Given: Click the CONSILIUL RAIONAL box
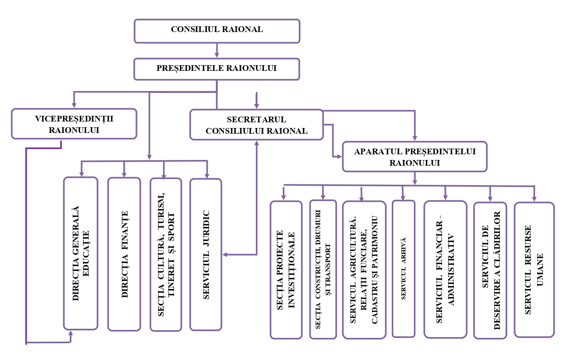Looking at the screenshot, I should [217, 31].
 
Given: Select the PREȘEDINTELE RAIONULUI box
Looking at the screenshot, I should [217, 69].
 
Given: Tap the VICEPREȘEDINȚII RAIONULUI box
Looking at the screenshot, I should [74, 124].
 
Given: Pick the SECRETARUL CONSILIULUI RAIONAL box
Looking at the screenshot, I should [256, 125].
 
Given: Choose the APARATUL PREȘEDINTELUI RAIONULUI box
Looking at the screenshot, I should [415, 157].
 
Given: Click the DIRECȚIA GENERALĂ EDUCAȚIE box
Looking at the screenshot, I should [81, 253].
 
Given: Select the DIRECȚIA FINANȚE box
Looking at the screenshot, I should [124, 254].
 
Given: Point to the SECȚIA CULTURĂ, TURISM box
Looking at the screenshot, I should [166, 254].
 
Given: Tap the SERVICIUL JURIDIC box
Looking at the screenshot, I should [206, 254].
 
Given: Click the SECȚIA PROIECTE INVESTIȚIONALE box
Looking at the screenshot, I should [286, 270].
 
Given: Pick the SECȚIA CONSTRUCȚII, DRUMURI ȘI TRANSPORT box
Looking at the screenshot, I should [323, 269].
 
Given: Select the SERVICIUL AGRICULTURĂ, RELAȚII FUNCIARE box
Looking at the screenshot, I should [364, 270].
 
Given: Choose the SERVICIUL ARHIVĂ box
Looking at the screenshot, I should [404, 269].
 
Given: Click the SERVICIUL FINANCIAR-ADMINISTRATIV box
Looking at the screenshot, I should [445, 269].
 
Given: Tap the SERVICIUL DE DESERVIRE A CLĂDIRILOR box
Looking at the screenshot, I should [490, 270].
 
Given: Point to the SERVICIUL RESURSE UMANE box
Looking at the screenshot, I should [534, 270].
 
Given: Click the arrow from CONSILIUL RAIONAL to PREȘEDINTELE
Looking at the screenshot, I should [217, 51].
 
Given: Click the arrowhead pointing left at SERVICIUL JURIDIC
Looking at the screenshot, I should [225, 254].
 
